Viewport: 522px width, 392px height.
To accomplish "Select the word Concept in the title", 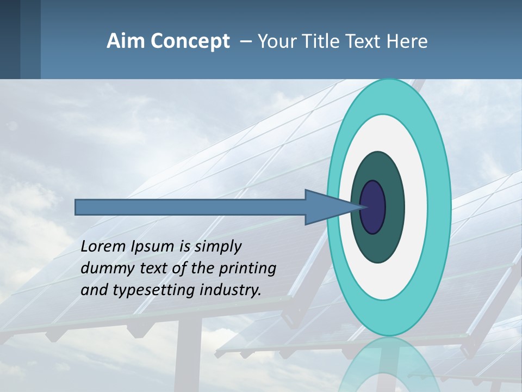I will pyautogui.click(x=190, y=41).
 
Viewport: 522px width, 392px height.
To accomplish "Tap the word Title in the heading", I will pyautogui.click(x=325, y=41).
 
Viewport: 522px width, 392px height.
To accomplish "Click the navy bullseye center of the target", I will pyautogui.click(x=373, y=207).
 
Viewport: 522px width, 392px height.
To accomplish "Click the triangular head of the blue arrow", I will pyautogui.click(x=326, y=207).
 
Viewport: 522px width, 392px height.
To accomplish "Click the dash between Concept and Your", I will pyautogui.click(x=245, y=41).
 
